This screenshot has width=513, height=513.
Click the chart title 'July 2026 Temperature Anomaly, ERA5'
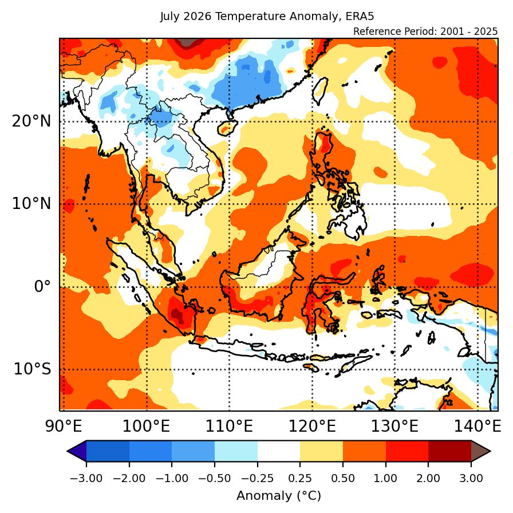tap(267, 17)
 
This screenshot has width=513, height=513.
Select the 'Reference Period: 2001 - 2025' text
tap(425, 31)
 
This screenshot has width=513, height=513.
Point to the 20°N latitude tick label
tap(31, 122)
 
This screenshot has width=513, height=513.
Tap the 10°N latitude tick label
tap(31, 204)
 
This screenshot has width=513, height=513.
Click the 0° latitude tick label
tap(42, 287)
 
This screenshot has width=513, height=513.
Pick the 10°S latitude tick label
tap(33, 369)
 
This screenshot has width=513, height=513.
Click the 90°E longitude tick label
tap(64, 427)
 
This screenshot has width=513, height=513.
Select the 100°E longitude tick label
tap(146, 427)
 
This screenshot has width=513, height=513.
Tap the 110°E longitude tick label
tap(229, 427)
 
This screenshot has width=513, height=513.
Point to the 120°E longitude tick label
tap(312, 427)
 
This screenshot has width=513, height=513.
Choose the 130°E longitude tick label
tap(394, 427)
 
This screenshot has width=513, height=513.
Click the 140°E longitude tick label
tap(478, 427)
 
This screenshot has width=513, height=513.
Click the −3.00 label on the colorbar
tap(86, 478)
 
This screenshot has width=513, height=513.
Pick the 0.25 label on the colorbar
tap(300, 478)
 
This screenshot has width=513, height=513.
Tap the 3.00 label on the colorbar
tap(471, 478)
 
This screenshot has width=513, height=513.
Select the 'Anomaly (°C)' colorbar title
tap(279, 496)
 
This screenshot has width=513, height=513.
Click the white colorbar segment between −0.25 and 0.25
tap(279, 451)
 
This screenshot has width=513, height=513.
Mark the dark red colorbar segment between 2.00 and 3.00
tap(450, 451)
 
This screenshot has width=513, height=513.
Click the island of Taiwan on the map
tap(320, 91)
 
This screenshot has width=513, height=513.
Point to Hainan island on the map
tap(226, 127)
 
